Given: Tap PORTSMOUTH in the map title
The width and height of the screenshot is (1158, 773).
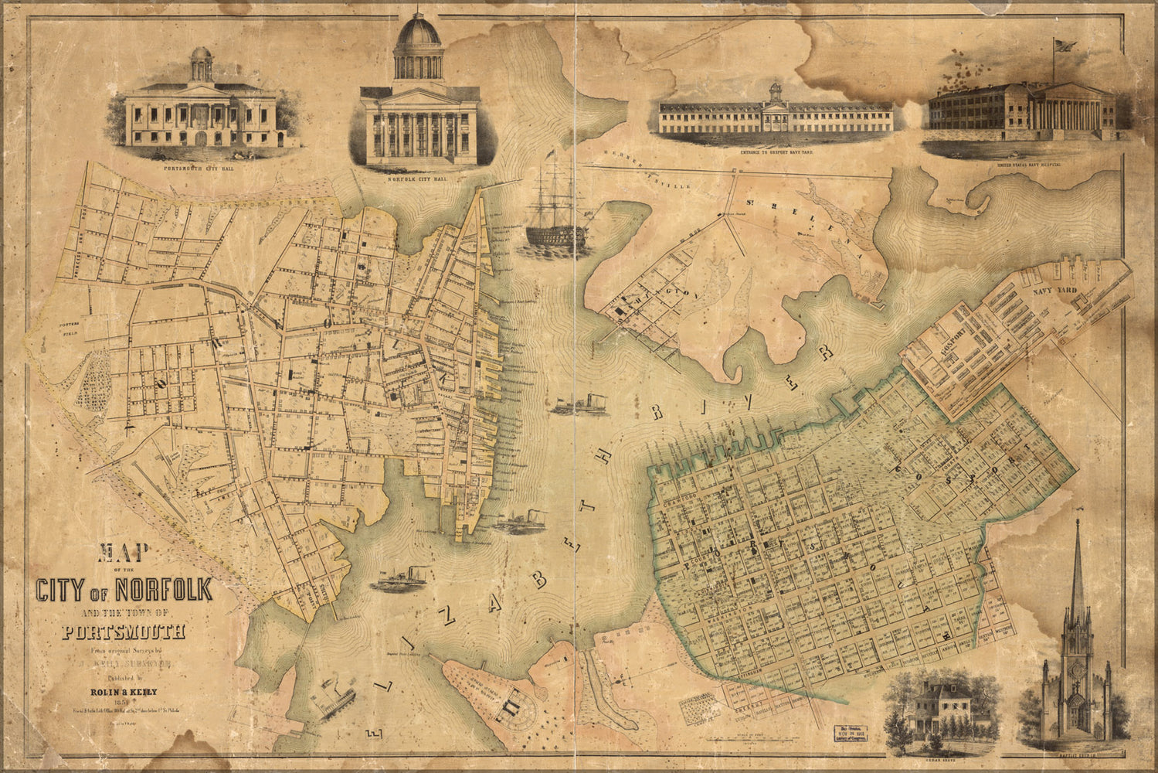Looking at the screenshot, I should pyautogui.click(x=124, y=632).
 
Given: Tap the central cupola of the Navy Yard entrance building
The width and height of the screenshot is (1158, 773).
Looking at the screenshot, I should pyautogui.click(x=775, y=93).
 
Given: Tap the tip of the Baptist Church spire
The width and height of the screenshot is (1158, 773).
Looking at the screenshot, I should pyautogui.click(x=1075, y=525).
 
